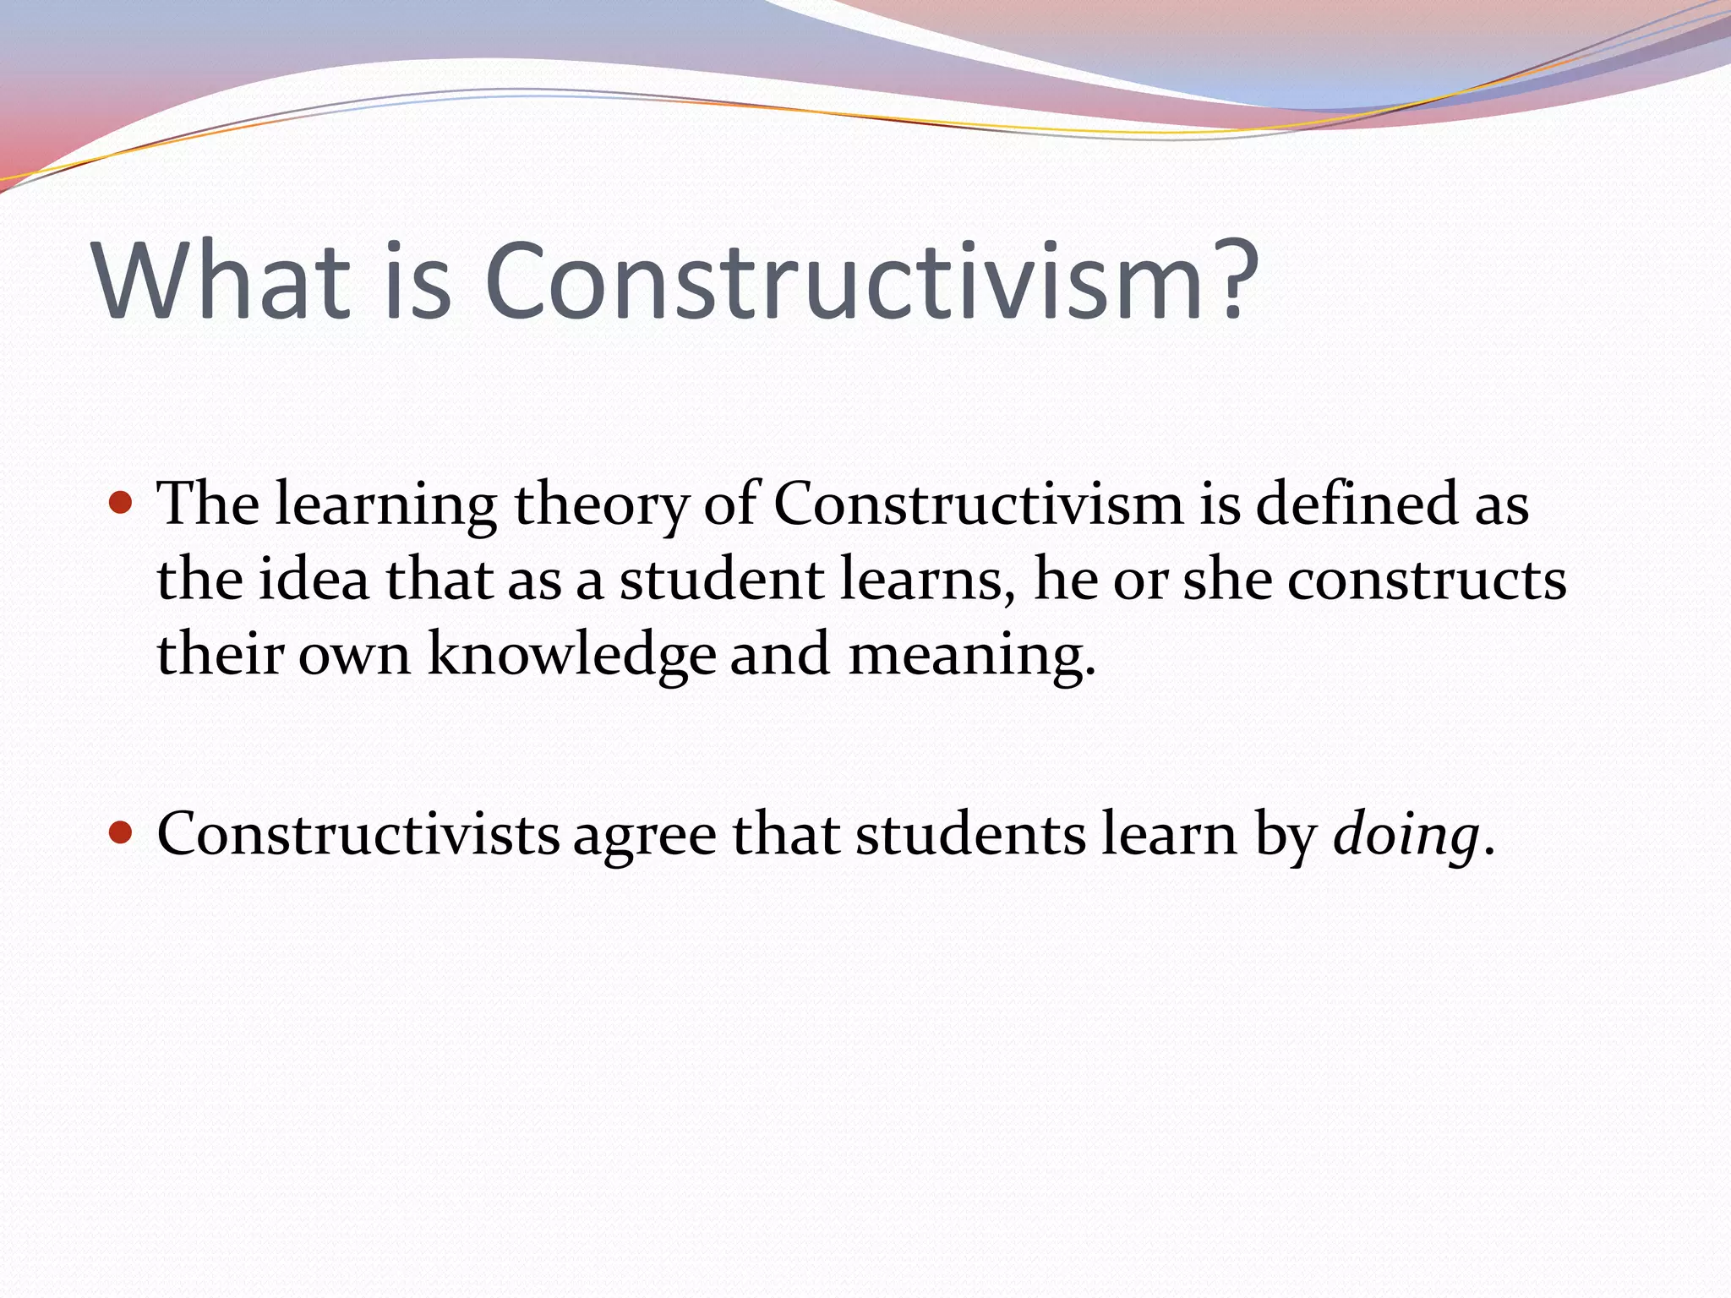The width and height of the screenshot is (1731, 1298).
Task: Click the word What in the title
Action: point(221,281)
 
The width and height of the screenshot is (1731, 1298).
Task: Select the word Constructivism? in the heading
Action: point(871,281)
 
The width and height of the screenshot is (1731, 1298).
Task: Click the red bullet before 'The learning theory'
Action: point(122,504)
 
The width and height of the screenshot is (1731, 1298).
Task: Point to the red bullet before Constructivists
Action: point(122,834)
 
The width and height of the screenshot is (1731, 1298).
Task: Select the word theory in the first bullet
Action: point(601,505)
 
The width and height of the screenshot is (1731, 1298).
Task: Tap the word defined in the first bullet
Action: point(1357,504)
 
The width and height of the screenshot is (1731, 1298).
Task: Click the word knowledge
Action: point(571,655)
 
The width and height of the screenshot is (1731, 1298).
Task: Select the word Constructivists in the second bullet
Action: point(358,835)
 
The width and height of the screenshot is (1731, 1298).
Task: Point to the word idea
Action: point(314,581)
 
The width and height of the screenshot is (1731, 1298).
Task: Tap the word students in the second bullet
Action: point(970,835)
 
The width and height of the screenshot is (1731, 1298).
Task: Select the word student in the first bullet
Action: point(721,581)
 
